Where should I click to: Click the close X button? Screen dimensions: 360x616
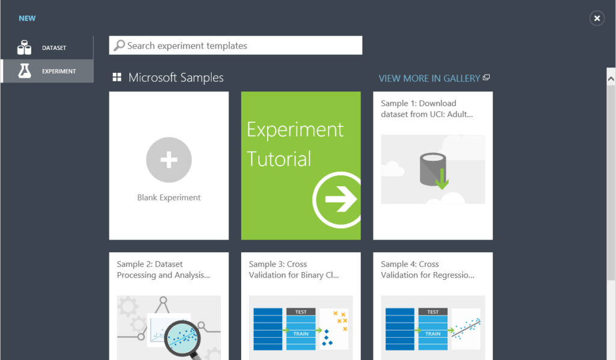point(597,18)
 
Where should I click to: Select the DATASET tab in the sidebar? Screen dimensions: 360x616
point(54,48)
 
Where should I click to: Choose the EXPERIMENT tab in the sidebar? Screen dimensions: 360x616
point(58,71)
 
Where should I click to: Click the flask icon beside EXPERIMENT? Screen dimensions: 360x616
point(24,71)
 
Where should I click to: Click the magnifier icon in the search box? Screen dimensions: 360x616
point(120,45)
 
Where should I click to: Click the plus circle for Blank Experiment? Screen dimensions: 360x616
point(169,160)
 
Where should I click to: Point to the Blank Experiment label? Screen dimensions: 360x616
point(169,197)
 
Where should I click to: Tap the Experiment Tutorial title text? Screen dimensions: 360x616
point(295,144)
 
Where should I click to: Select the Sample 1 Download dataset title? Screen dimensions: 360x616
point(427,109)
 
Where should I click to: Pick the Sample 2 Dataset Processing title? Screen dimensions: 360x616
point(163,270)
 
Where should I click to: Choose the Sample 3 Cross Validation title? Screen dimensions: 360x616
point(294,270)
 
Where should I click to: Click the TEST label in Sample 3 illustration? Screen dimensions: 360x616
point(301,312)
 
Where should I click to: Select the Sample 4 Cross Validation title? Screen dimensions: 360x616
point(427,270)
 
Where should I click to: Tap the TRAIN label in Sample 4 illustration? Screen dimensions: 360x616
point(433,334)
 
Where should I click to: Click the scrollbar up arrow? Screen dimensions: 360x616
point(611,78)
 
